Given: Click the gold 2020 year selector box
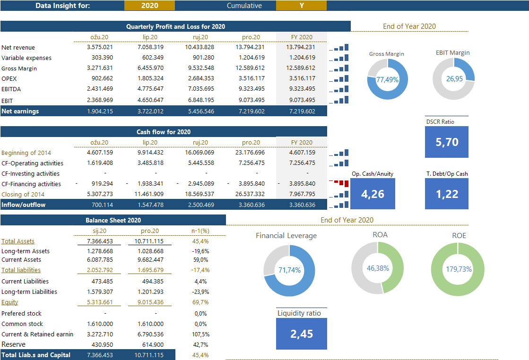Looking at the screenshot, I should point(149,6).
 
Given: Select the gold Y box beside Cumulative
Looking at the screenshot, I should point(301,6).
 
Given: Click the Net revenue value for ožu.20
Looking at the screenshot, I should point(100,47).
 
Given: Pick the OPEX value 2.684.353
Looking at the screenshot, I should point(200,78).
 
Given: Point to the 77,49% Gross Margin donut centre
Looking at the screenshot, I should point(387,80).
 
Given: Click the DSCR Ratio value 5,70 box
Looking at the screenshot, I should point(446,142).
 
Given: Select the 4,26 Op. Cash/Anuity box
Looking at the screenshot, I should point(373,194).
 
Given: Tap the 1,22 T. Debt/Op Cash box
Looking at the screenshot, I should point(446,194).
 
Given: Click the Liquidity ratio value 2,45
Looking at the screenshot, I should point(301,334).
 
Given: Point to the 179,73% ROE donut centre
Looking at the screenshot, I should point(458,269).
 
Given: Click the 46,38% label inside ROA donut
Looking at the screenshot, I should point(378,268).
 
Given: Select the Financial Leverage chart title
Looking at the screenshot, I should point(286,236).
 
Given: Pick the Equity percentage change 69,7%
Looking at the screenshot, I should point(201,302).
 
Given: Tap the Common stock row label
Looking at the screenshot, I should point(22,324).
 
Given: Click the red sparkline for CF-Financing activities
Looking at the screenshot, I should point(339,183).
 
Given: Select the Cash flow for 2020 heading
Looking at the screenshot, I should point(164,132).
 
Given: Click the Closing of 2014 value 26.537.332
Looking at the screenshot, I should point(251,195).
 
